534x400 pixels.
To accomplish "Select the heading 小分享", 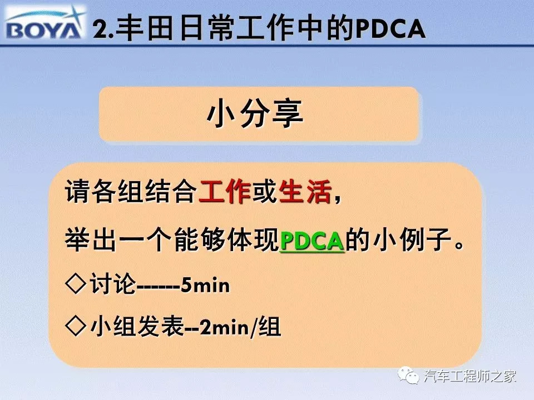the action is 254,114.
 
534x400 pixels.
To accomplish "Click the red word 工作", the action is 224,192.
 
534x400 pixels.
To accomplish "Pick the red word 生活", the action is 305,192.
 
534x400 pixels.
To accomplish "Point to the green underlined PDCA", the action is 312,241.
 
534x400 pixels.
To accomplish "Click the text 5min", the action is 205,285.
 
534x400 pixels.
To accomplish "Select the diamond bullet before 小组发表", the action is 76,326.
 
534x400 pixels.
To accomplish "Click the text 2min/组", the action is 240,327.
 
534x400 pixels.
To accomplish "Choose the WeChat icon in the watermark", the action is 409,376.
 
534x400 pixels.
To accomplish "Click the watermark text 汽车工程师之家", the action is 470,376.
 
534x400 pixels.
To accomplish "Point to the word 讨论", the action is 112,284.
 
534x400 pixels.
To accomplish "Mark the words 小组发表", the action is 137,327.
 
